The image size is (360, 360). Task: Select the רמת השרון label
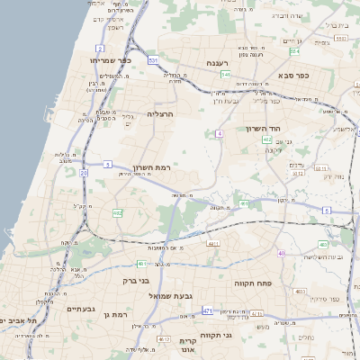152,168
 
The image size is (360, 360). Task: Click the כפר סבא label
293,76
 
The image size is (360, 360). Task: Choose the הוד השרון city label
264,128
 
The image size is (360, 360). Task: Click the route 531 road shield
154,60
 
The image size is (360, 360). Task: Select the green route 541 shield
226,74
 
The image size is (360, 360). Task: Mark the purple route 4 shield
219,133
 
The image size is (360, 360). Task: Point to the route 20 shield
84,172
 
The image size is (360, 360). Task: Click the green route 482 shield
117,212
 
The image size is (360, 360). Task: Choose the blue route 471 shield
207,310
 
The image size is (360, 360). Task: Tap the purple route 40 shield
282,254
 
